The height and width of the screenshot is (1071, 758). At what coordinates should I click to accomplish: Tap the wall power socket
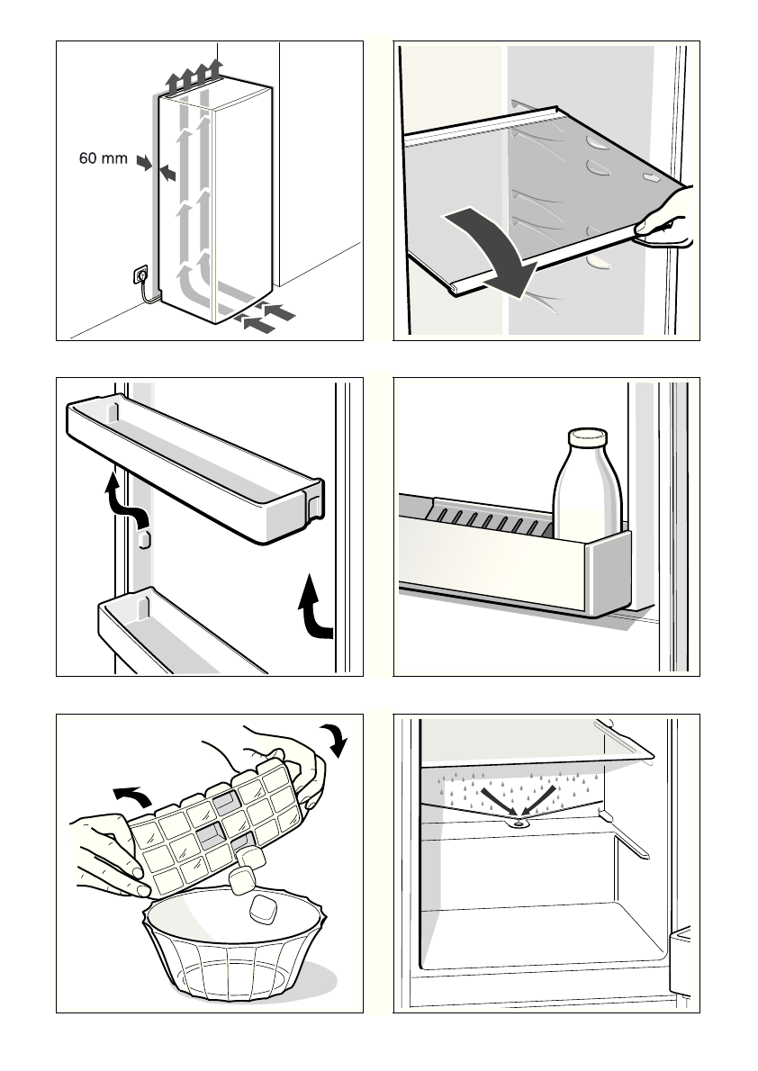click(x=140, y=271)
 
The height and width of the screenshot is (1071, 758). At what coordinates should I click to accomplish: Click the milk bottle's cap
click(x=587, y=437)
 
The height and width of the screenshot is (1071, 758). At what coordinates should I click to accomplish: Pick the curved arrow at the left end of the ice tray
click(x=132, y=793)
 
